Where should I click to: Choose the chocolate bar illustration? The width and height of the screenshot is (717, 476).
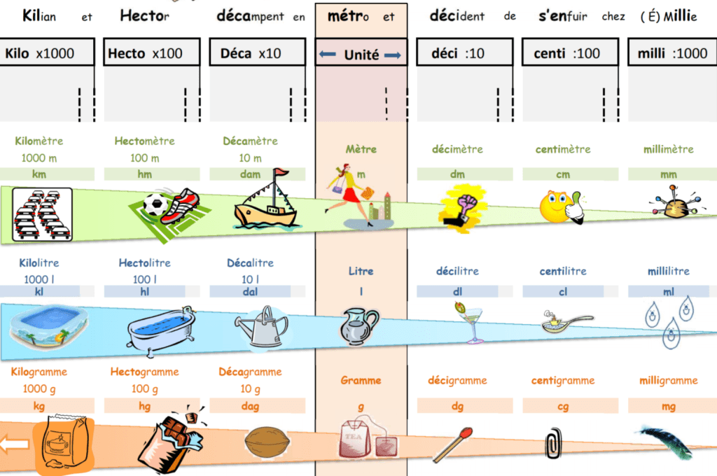(x=168, y=441)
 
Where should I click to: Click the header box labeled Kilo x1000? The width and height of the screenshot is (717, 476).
(x=48, y=52)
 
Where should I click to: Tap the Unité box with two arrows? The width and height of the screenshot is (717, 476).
(x=361, y=55)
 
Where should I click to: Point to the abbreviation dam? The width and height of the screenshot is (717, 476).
(x=251, y=174)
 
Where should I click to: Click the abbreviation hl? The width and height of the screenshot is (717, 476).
(x=145, y=290)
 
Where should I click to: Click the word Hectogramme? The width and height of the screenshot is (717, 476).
(x=144, y=372)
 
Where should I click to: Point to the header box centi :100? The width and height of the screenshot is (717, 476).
(x=569, y=52)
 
